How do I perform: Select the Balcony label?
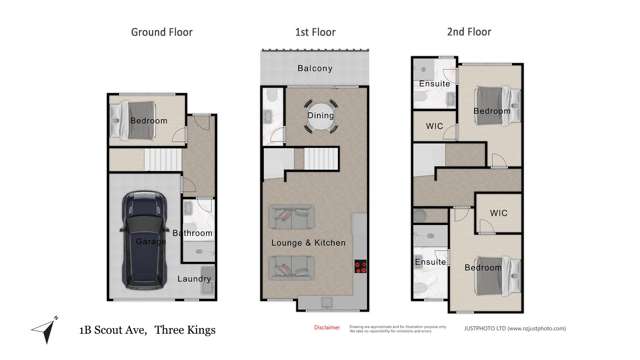pyautogui.click(x=314, y=69)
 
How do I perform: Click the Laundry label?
pyautogui.click(x=194, y=279)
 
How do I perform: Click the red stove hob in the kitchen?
pyautogui.click(x=360, y=266)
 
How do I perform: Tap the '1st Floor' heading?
pyautogui.click(x=313, y=32)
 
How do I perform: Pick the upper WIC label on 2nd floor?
pyautogui.click(x=434, y=126)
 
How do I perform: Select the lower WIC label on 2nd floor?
pyautogui.click(x=498, y=213)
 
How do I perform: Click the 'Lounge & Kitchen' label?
pyautogui.click(x=309, y=243)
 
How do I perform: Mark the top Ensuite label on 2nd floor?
pyautogui.click(x=434, y=84)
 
